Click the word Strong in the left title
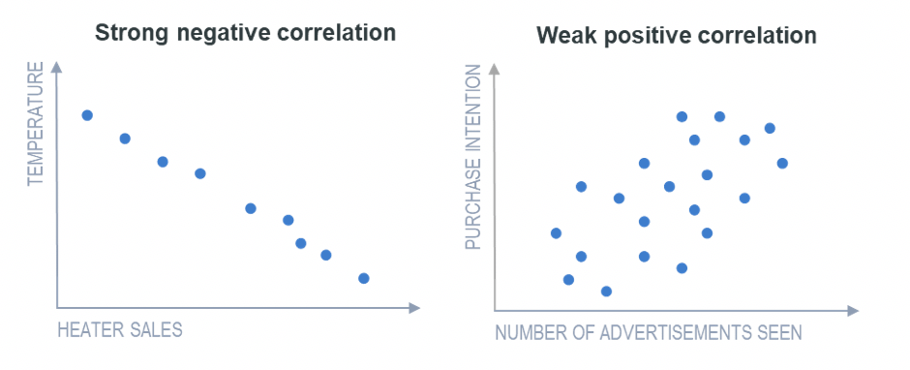(131, 32)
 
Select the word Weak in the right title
(567, 37)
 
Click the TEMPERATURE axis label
(36, 124)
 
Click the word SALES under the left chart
(155, 329)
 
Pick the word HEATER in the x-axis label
(90, 329)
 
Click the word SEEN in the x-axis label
(778, 333)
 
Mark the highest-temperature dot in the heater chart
(87, 115)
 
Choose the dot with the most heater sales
(364, 278)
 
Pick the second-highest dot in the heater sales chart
(125, 139)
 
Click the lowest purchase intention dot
(606, 291)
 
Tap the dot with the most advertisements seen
(782, 163)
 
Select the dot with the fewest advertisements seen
(556, 232)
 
